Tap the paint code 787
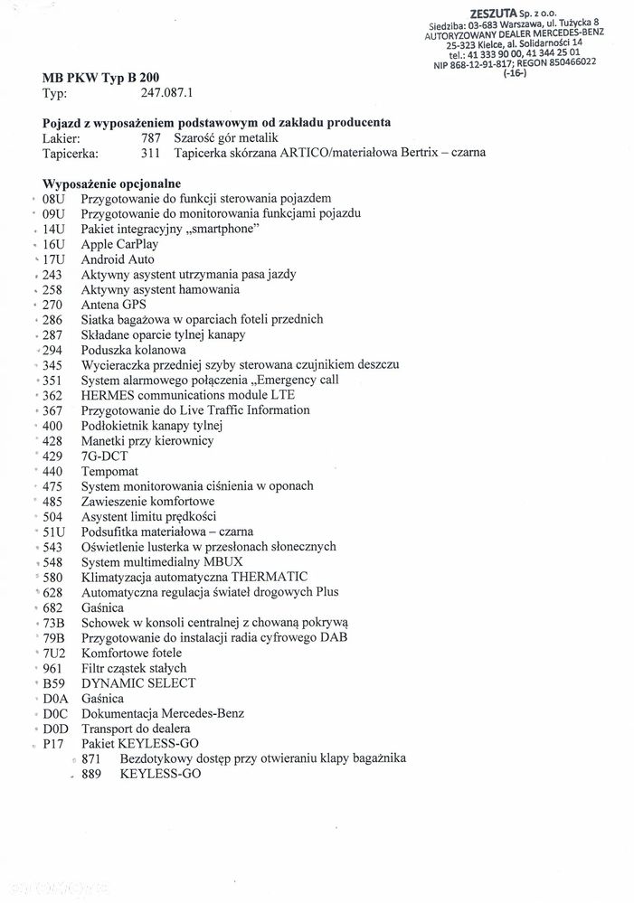[150, 137]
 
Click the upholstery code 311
[150, 152]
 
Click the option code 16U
[55, 244]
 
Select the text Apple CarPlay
[119, 244]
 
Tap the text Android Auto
[118, 259]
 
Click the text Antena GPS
[113, 305]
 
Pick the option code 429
[53, 456]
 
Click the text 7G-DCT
[104, 456]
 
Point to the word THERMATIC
[270, 577]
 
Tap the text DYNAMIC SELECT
[137, 683]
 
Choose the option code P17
[54, 744]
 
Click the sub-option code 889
[91, 775]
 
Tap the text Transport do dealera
[136, 729]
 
